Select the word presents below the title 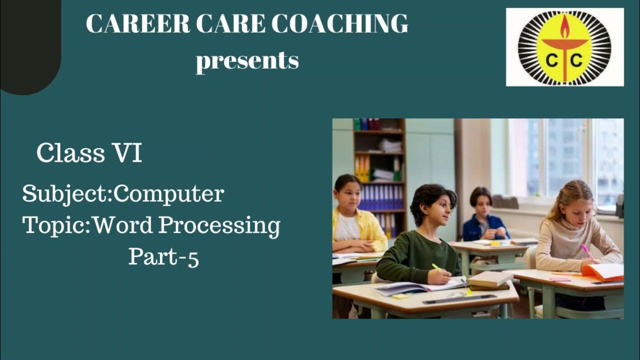[x=247, y=61]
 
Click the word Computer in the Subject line [x=168, y=194]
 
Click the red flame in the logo [x=564, y=27]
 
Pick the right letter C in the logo [x=576, y=61]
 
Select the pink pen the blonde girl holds [x=587, y=251]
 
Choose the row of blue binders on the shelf [x=381, y=196]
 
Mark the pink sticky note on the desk [x=559, y=278]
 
